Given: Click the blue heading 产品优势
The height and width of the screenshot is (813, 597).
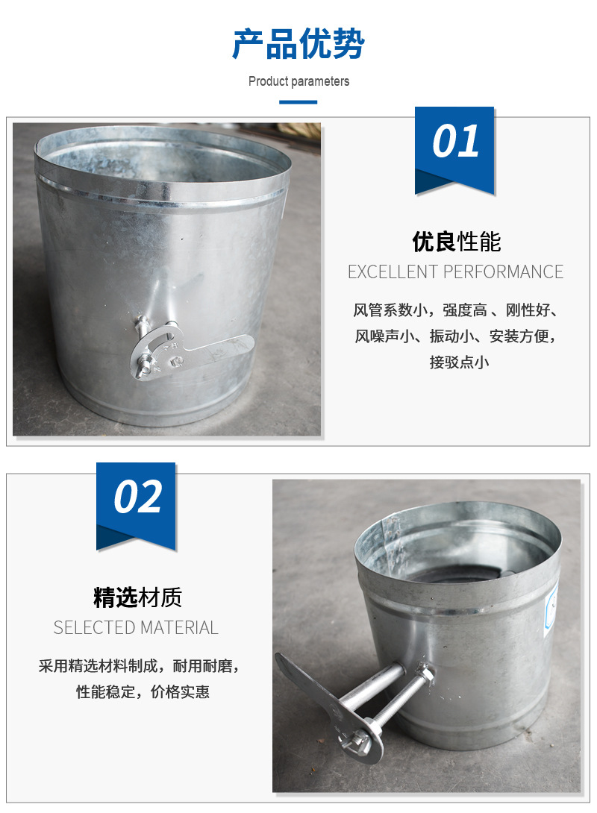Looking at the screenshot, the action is point(298,43).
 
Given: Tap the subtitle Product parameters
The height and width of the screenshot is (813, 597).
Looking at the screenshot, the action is point(298,81).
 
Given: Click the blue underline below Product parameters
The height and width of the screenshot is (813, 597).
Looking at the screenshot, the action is point(298,102).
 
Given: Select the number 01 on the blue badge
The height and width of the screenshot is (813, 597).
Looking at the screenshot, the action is point(455,140).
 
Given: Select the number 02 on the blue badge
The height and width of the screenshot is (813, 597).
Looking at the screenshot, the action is point(137,496).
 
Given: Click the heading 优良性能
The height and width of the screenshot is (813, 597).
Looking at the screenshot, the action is point(457,242).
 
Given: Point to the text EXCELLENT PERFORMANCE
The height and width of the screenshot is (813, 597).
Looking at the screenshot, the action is point(455,271).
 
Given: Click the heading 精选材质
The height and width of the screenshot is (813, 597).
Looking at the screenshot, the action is point(138,597).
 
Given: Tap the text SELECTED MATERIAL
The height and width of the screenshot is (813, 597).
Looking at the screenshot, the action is point(136,627).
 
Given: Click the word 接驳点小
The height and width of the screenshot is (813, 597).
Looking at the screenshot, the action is point(459,362).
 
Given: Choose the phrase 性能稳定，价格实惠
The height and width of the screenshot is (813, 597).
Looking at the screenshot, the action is point(143,691).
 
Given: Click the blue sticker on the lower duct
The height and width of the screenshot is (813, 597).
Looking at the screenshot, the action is point(551,610).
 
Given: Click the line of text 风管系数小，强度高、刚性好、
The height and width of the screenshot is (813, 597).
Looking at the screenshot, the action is point(455,310).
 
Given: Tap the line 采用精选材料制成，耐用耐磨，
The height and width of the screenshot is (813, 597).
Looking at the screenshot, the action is point(139,666).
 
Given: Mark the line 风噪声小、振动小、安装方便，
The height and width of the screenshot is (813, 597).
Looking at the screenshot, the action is point(455,336).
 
